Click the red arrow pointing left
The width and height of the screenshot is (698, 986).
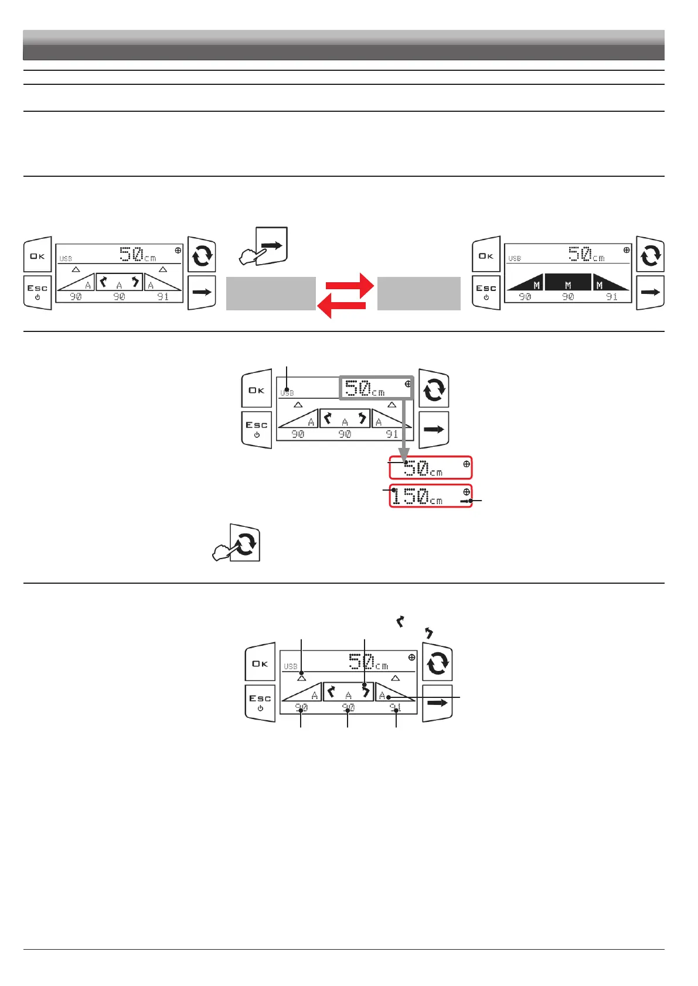coord(341,305)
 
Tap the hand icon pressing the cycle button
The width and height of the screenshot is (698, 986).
coord(237,544)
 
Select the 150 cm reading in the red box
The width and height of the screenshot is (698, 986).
coord(417,497)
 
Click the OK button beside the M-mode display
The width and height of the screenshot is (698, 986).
coord(486,255)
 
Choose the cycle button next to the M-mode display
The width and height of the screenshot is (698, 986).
coord(650,256)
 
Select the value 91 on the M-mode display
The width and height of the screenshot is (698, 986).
coord(612,297)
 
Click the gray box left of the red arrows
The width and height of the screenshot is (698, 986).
coord(271,293)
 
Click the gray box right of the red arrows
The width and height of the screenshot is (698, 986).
coord(418,293)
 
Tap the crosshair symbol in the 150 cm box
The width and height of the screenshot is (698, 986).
coord(467,492)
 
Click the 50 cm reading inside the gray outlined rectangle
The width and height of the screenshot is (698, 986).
coord(365,389)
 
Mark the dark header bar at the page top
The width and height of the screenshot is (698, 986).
coord(343,45)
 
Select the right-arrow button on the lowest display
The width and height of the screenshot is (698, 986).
coord(437,703)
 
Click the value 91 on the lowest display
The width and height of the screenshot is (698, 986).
coord(396,708)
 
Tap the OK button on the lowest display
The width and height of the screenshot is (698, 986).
coord(260,664)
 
